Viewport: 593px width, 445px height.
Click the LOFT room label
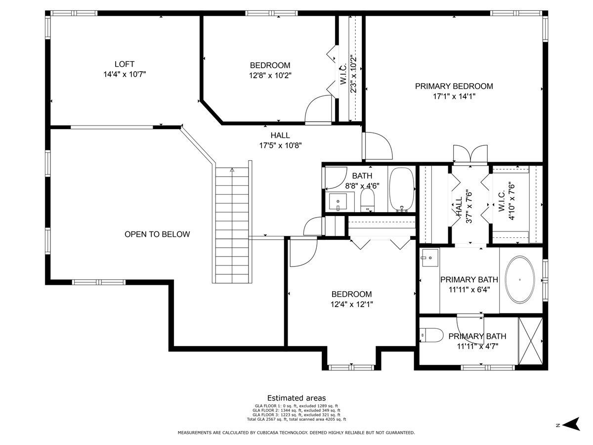tap(124, 64)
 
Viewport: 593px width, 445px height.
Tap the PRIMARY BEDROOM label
tap(454, 86)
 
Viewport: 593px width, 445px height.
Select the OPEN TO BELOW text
tap(157, 234)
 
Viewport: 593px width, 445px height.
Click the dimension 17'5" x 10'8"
tap(280, 146)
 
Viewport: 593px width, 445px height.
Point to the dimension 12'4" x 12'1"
tap(351, 305)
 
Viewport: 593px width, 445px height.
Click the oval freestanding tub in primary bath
tap(520, 280)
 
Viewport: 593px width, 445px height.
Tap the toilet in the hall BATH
tap(368, 200)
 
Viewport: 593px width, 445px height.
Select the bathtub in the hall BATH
tap(402, 189)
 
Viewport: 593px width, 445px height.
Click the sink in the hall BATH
tap(338, 202)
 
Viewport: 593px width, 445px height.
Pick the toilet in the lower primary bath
tap(431, 335)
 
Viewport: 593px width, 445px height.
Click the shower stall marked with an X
tap(531, 341)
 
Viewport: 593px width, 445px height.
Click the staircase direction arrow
tap(232, 170)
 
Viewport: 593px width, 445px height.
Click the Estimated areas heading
tap(296, 398)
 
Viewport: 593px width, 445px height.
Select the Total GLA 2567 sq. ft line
tap(296, 419)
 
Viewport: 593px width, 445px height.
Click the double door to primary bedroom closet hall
tap(470, 154)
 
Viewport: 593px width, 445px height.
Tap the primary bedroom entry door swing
tap(378, 146)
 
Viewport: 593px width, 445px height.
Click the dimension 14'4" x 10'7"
tap(125, 74)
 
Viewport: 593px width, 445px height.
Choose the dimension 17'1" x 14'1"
tap(454, 96)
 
